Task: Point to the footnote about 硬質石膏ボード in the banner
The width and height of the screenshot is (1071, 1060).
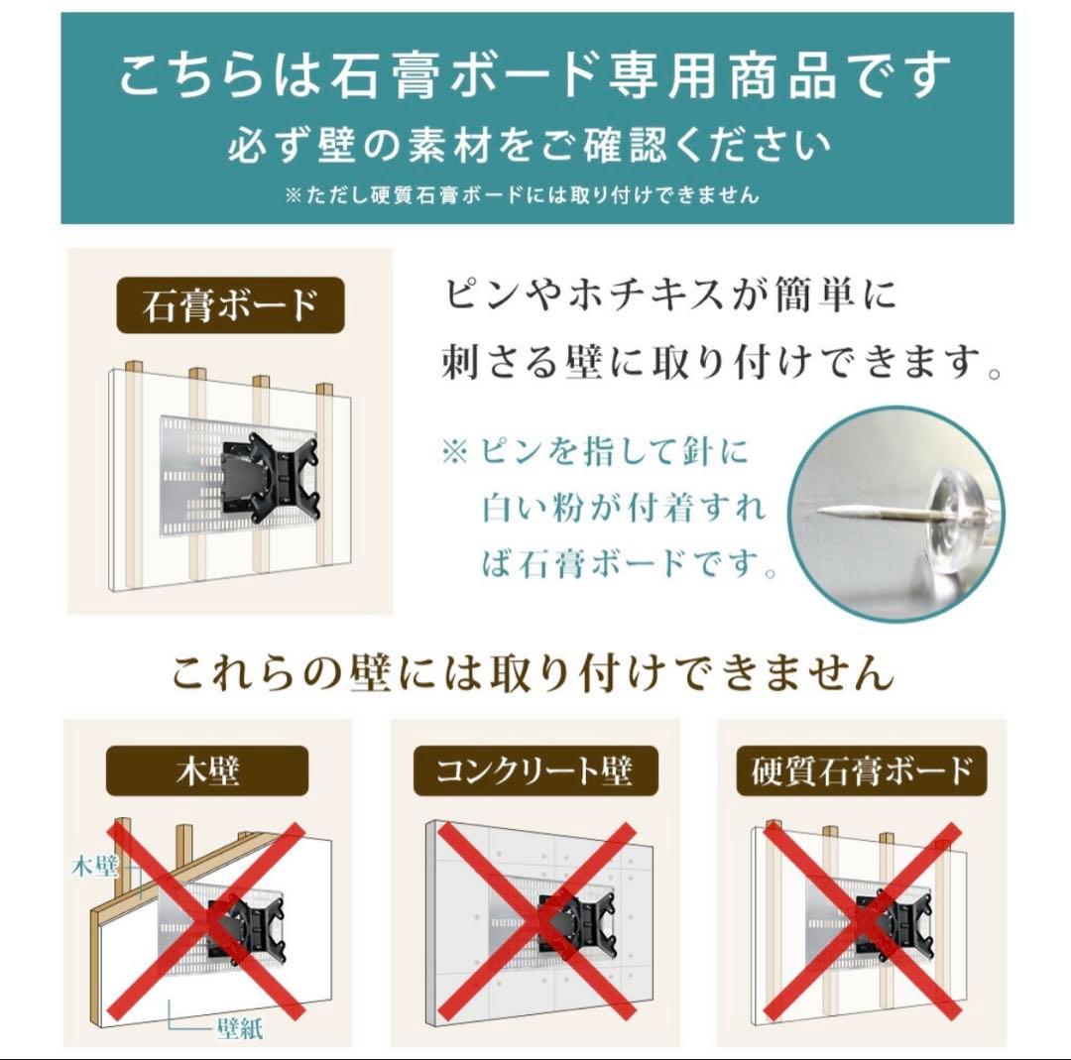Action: (522, 195)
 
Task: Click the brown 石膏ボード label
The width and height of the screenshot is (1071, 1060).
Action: (230, 305)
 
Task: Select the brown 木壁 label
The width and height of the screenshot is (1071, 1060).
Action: (207, 770)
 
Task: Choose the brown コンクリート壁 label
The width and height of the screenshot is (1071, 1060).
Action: (535, 770)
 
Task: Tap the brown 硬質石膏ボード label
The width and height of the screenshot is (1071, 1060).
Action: (861, 770)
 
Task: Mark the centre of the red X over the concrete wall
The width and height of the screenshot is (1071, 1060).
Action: (536, 921)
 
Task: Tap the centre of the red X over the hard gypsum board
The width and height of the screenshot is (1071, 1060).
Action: (862, 921)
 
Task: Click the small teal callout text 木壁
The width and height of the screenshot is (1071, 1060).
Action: (94, 867)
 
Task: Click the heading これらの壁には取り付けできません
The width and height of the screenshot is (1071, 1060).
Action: (533, 674)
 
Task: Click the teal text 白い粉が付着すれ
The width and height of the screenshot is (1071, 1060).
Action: (624, 508)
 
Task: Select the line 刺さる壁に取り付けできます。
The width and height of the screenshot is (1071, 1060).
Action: (720, 364)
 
